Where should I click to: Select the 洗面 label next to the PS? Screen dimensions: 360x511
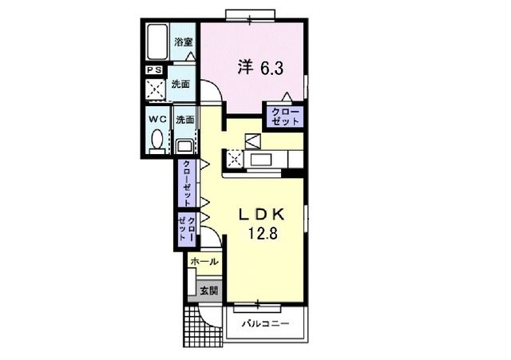(x=181, y=84)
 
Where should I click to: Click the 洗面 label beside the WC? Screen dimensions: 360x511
(x=184, y=119)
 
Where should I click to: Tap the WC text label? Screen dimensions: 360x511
(x=156, y=119)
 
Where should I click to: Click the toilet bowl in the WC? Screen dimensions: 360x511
(x=156, y=143)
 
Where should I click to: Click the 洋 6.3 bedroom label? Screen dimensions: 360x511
(x=257, y=67)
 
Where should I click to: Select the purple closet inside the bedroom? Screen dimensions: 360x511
(x=285, y=117)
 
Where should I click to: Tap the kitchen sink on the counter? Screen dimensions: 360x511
(x=263, y=160)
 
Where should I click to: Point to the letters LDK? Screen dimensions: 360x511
(x=264, y=214)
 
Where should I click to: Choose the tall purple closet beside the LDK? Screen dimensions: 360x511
(x=187, y=183)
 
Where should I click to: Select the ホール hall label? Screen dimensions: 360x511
(x=204, y=261)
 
